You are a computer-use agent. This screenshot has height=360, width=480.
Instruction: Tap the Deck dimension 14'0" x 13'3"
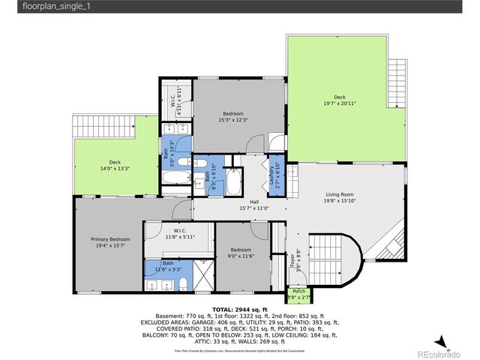point(115,169)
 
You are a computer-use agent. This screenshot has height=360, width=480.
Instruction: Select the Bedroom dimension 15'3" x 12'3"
point(232,119)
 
